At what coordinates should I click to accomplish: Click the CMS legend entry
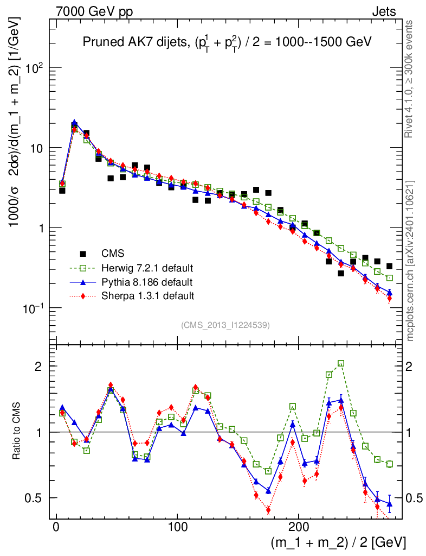[112, 253]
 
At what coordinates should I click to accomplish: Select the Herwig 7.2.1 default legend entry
[147, 268]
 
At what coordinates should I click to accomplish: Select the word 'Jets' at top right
[383, 11]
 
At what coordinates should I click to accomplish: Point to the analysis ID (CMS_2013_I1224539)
[226, 325]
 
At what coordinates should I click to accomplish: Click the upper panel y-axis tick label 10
[40, 148]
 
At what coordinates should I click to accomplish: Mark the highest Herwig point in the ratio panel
[341, 363]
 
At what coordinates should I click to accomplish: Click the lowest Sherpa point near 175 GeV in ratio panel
[268, 510]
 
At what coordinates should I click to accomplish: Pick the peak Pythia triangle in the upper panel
[74, 123]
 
